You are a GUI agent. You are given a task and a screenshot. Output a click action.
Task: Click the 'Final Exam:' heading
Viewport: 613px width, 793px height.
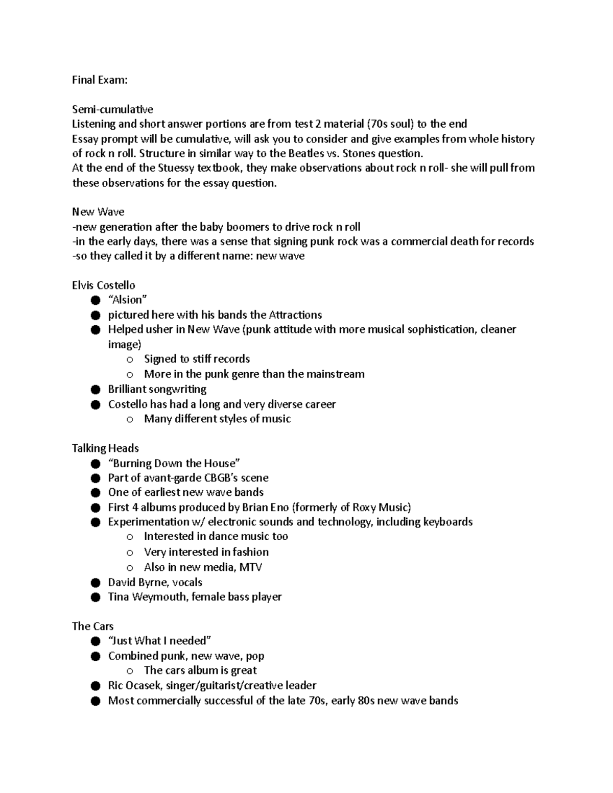coord(100,80)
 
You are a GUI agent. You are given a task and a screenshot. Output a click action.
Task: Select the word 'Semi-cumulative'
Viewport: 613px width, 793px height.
coord(112,109)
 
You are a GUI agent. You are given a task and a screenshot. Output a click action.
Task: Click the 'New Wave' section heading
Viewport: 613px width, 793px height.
coord(98,212)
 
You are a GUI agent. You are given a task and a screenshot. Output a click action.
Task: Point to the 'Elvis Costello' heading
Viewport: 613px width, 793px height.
coord(104,285)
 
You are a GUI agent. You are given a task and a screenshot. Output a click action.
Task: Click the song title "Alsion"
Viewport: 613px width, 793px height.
coord(128,300)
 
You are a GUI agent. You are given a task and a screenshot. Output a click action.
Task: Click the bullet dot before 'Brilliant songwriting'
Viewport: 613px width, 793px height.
coord(95,390)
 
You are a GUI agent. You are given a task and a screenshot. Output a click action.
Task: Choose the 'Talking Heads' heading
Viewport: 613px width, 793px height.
coord(105,448)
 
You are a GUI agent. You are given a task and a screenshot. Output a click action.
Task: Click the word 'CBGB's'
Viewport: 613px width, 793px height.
coord(206,478)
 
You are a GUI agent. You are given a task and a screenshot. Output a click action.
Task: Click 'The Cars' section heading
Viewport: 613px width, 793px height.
coord(92,627)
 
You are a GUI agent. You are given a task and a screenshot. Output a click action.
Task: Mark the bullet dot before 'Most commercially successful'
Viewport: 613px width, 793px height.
coord(95,701)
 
